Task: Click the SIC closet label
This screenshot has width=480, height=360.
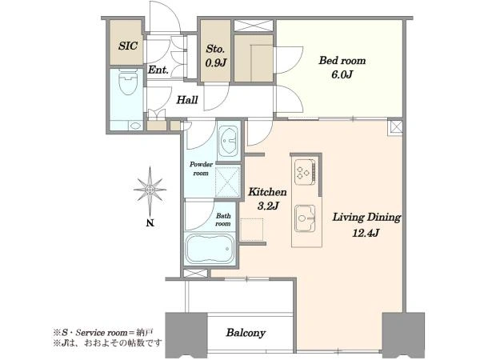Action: pos(128,46)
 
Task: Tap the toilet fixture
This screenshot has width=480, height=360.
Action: pos(128,82)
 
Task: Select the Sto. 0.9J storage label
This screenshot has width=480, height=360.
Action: pos(215,56)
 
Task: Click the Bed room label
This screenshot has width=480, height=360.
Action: pos(342,60)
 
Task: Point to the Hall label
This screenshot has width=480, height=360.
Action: pos(187,100)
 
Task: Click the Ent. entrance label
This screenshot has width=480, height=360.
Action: pos(158,70)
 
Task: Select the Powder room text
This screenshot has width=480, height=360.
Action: pos(201,169)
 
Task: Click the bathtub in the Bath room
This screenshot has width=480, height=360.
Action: pos(210,249)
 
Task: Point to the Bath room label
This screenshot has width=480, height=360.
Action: pos(223,220)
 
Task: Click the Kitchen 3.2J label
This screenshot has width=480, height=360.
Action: pos(267,198)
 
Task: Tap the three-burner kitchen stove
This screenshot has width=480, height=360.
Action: pos(305,172)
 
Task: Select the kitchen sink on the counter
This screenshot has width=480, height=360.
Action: pos(305,218)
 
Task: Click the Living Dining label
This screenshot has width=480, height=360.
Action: pos(366,218)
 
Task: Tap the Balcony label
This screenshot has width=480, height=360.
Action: pos(246,333)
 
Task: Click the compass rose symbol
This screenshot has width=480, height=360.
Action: pos(150,190)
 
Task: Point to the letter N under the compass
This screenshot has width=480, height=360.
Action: pos(150,223)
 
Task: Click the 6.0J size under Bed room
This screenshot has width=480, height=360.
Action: pos(342,74)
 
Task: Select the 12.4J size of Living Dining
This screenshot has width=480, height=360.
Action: pos(366,234)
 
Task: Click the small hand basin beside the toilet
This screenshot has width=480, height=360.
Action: pos(135,126)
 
